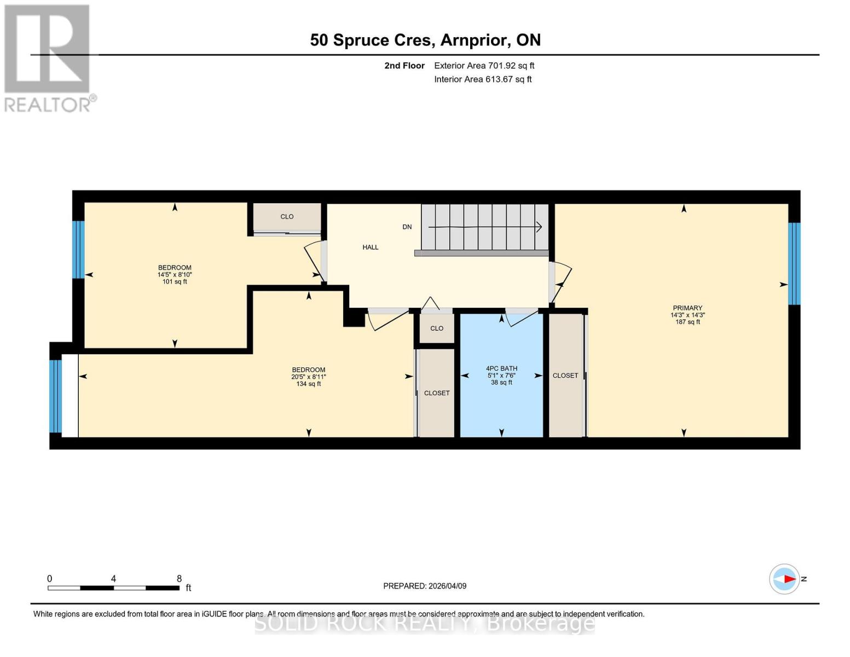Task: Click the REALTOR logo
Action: pyautogui.click(x=48, y=57)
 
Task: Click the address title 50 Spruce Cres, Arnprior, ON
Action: pyautogui.click(x=425, y=40)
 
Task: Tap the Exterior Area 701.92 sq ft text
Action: pyautogui.click(x=484, y=66)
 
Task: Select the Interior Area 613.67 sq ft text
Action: pyautogui.click(x=483, y=79)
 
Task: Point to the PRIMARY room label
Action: pyautogui.click(x=687, y=308)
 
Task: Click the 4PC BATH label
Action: pyautogui.click(x=501, y=368)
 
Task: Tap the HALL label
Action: pyautogui.click(x=371, y=247)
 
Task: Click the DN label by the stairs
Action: pyautogui.click(x=407, y=227)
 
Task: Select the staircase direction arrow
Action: pyautogui.click(x=484, y=227)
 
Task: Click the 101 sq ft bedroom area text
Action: pyautogui.click(x=175, y=282)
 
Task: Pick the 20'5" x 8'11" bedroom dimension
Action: pyautogui.click(x=309, y=377)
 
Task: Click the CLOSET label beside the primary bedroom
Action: pyautogui.click(x=565, y=376)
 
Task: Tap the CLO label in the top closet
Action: pyautogui.click(x=287, y=217)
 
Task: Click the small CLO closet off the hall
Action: pyautogui.click(x=437, y=328)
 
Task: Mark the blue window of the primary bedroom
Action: pyautogui.click(x=794, y=263)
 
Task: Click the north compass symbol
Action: pyautogui.click(x=785, y=579)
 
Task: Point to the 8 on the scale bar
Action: pyautogui.click(x=179, y=579)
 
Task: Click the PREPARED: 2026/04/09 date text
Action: pyautogui.click(x=425, y=586)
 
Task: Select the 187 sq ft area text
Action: pyautogui.click(x=687, y=322)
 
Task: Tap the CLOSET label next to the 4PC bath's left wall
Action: pyautogui.click(x=437, y=393)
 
